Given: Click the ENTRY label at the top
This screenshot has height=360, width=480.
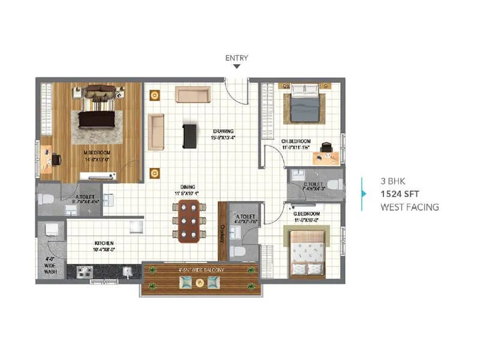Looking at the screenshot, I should [x=236, y=58].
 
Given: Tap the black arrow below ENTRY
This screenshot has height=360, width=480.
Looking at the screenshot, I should [x=237, y=67].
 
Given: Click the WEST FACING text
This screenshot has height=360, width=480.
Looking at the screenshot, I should [x=410, y=207].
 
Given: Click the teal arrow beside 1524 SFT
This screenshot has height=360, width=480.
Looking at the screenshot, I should [x=364, y=193].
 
